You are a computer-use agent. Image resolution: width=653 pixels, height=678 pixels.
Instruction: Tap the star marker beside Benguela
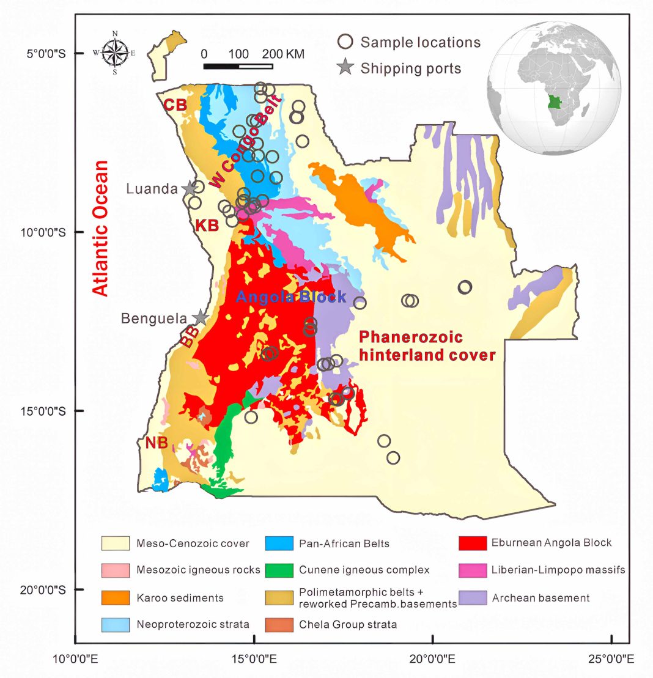tap(200, 317)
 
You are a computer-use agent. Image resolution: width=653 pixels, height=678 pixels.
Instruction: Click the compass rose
tap(115, 53)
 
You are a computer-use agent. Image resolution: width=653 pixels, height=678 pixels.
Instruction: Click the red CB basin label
tap(175, 105)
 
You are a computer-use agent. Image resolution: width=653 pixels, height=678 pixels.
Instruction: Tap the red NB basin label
tap(157, 443)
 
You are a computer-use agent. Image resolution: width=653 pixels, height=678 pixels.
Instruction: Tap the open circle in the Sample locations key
tap(345, 42)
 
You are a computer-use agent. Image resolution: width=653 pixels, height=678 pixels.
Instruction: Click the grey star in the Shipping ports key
tap(346, 68)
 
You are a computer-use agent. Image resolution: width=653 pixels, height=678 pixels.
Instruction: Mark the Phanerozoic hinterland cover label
tap(427, 346)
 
